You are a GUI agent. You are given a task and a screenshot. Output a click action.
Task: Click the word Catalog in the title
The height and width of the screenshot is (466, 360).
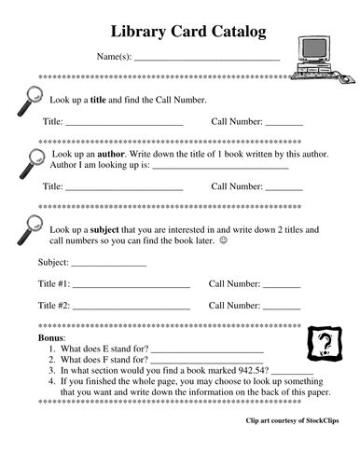(225, 33)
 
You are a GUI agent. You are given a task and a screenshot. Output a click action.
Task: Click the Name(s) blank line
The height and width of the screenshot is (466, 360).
(207, 58)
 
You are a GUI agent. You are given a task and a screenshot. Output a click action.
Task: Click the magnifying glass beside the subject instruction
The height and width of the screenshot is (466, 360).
(32, 229)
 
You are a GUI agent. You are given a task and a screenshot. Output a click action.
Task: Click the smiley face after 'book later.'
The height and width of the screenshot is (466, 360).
(223, 241)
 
